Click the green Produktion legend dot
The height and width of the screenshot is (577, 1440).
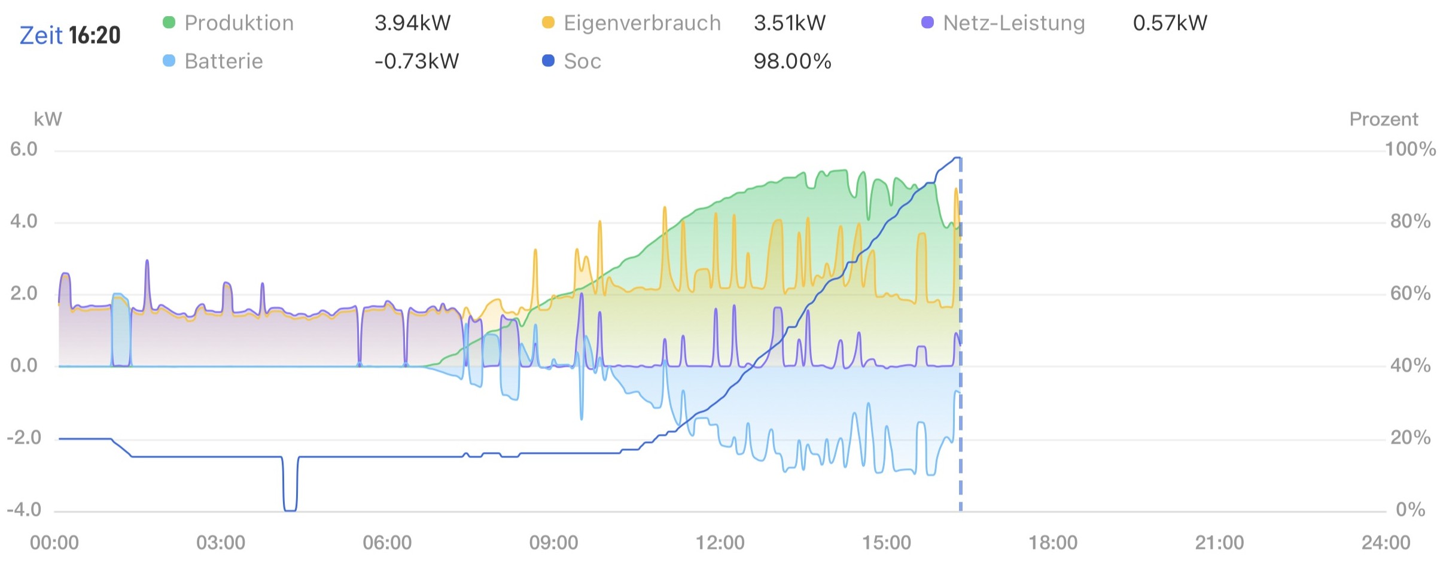169,23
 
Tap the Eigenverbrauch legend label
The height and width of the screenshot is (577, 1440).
642,23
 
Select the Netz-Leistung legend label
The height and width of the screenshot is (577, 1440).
1013,23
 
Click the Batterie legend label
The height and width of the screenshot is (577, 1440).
224,61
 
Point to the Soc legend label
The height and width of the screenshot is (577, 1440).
582,61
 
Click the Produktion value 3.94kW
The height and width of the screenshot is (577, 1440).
412,23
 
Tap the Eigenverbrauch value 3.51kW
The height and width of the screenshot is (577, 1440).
789,23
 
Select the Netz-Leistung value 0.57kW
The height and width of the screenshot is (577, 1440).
1170,23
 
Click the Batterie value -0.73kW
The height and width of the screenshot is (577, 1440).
416,61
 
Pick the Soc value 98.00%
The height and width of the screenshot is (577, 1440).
792,61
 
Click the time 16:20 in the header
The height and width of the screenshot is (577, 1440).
95,35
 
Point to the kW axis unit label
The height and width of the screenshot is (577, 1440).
48,119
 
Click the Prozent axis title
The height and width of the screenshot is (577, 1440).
1383,119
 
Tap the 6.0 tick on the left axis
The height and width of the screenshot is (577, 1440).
24,149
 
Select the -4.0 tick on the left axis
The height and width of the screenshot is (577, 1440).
24,509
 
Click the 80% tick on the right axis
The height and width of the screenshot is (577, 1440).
1409,221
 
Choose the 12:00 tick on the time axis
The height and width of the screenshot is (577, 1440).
720,542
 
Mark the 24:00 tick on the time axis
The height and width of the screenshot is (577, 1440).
1386,542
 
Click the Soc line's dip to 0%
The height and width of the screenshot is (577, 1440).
290,509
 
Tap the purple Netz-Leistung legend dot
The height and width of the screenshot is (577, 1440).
927,23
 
